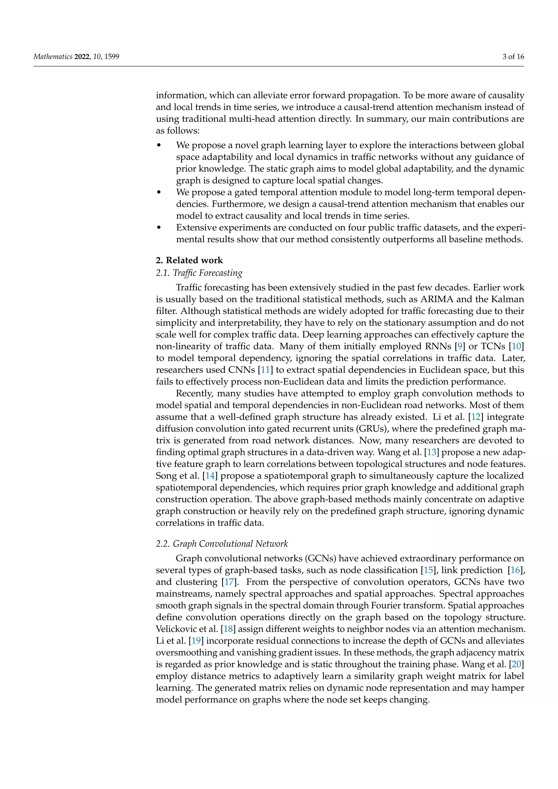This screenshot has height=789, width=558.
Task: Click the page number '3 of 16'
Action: click(513, 57)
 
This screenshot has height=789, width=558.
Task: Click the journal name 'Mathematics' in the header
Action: click(53, 57)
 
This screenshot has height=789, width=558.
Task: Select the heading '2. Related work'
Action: click(189, 260)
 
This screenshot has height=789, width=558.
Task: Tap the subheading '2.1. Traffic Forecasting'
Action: click(199, 273)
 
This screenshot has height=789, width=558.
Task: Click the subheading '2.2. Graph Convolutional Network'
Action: click(222, 544)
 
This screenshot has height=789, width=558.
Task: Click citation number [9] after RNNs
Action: click(460, 346)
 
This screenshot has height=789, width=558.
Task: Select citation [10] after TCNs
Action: click(516, 346)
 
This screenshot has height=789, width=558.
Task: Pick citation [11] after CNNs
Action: click(265, 370)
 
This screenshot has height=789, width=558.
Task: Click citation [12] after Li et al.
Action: click(476, 417)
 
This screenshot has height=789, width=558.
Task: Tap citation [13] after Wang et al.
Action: click(432, 453)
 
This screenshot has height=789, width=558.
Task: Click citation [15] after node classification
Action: click(428, 570)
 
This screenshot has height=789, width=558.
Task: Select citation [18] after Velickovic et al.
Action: click(228, 629)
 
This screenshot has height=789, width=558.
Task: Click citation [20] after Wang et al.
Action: click(516, 664)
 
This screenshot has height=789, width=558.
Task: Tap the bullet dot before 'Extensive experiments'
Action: click(159, 227)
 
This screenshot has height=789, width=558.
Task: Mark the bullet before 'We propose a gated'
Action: click(159, 192)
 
